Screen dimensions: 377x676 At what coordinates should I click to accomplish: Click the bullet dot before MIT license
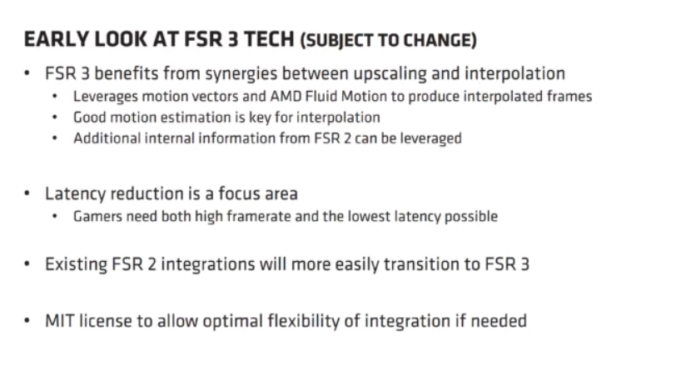[28, 320]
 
